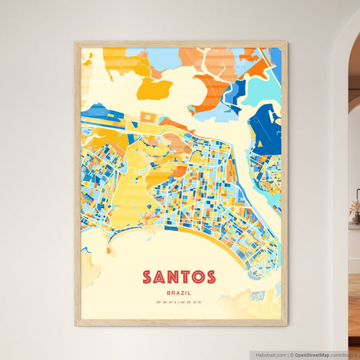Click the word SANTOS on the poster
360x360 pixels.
pyautogui.click(x=179, y=277)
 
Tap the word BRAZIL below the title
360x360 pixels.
pyautogui.click(x=179, y=292)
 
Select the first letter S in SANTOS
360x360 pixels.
pyautogui.click(x=147, y=277)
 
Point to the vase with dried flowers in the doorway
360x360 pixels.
pyautogui.click(x=355, y=213)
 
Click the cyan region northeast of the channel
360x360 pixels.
pyautogui.click(x=260, y=88)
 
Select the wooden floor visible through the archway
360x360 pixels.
pyautogui.click(x=354, y=311)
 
